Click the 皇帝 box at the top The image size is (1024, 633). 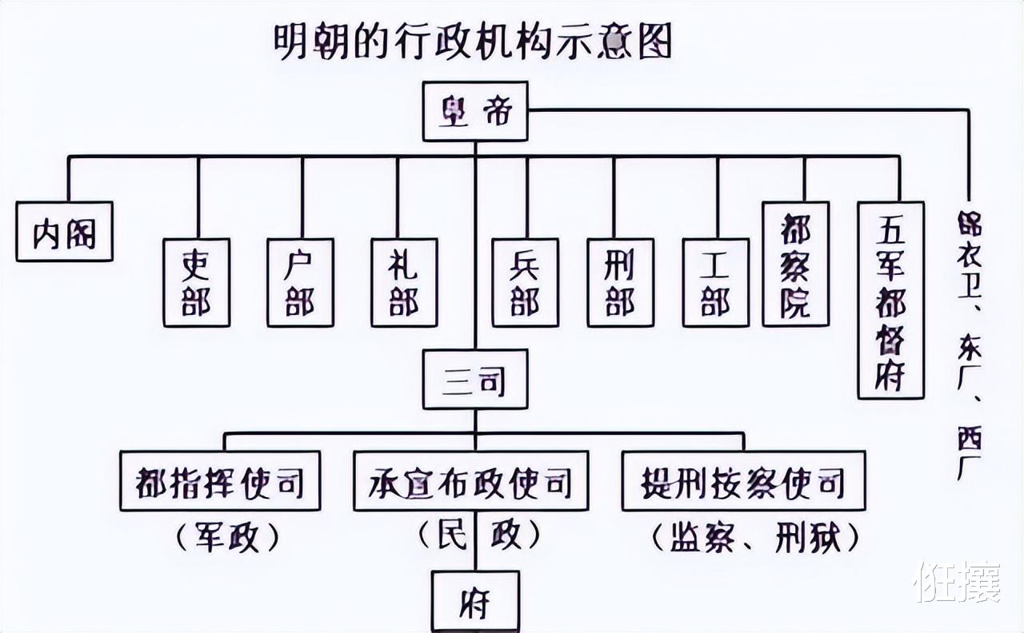coord(475,111)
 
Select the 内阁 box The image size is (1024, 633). coord(64,232)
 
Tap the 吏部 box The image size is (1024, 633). coord(196,282)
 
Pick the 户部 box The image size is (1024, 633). coord(300,282)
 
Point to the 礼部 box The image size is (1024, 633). coord(404,282)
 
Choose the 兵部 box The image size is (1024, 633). coord(525,282)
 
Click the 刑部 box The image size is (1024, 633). coord(620,282)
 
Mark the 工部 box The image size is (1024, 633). coord(715,282)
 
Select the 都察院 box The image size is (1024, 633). coord(795,264)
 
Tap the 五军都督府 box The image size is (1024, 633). coord(890,300)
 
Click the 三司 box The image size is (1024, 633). coord(475,379)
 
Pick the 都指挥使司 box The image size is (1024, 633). coord(220,481)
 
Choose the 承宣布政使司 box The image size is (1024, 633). coord(470,481)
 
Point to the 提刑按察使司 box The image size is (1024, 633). coord(743,481)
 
